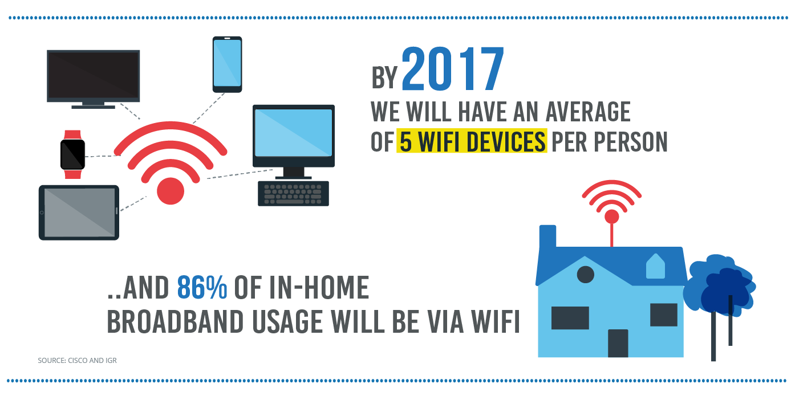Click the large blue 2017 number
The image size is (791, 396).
tap(453, 69)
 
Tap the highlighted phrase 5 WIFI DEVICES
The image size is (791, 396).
tap(472, 141)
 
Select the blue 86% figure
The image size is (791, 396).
tap(202, 287)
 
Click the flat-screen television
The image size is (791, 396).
tap(93, 79)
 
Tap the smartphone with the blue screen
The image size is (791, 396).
tap(227, 64)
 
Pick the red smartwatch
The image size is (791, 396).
tap(73, 154)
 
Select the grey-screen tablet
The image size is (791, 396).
tap(79, 213)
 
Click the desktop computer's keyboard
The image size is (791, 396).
tap(293, 193)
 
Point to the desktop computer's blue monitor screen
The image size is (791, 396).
tap(294, 133)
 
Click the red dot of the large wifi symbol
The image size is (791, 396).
tap(171, 191)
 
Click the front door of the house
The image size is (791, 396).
tap(618, 343)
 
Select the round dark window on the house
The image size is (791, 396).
tap(586, 275)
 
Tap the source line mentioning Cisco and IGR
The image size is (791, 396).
tap(77, 360)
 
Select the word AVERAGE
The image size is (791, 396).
tap(588, 112)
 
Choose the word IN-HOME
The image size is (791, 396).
tap(319, 287)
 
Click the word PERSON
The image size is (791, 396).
tap(631, 141)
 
